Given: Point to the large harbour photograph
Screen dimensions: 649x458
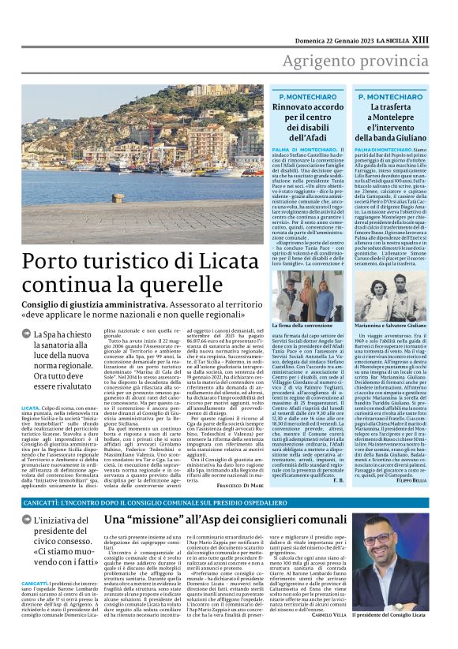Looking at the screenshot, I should pos(139,166).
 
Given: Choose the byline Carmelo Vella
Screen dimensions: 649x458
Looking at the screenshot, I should pos(327,635).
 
